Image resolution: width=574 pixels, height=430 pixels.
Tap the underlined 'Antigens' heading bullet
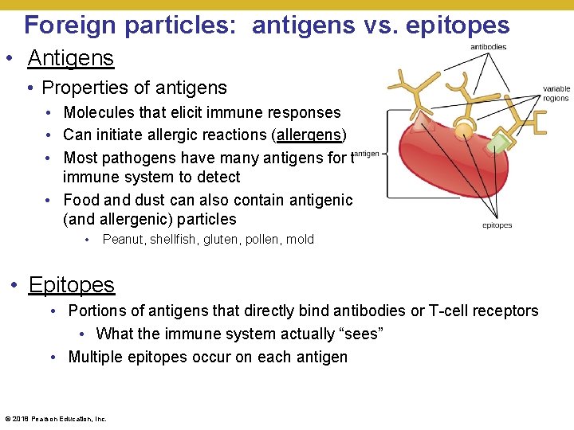coord(70,57)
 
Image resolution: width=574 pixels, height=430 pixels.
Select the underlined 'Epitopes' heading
coord(71,284)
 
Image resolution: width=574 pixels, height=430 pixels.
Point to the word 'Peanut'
coord(124,240)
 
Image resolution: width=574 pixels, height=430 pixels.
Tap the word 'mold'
coord(300,240)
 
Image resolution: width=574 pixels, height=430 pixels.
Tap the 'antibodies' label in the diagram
coord(488,47)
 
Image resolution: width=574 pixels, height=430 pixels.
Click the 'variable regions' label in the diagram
coord(556,94)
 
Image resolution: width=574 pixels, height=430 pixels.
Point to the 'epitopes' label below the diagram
coord(497,225)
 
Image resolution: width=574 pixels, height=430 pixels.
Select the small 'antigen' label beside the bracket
coord(367,154)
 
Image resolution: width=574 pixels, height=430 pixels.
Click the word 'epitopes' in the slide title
coord(458,25)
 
